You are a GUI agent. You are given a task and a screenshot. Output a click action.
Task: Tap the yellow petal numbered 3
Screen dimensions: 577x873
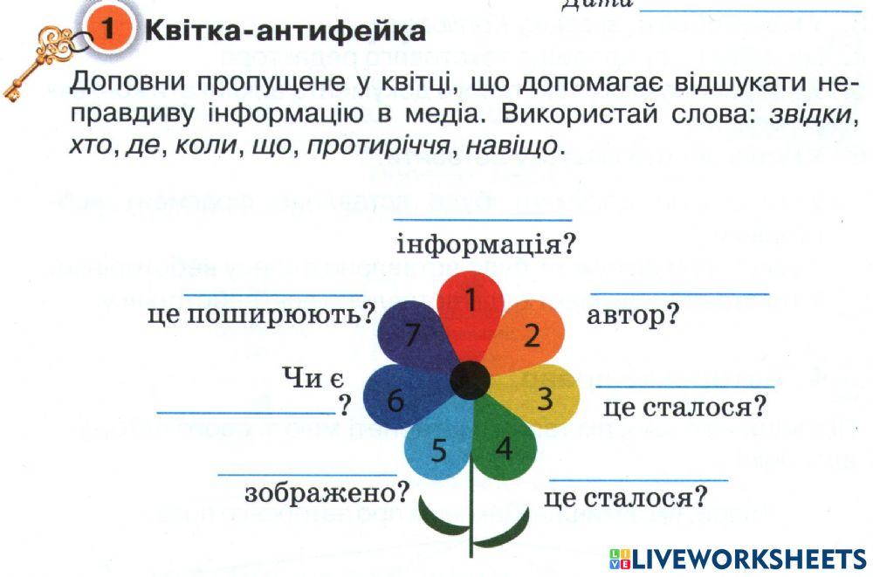click(543, 397)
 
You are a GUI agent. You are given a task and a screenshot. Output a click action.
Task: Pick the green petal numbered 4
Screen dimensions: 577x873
click(505, 450)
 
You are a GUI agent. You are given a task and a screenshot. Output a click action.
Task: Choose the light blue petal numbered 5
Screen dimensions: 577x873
click(439, 450)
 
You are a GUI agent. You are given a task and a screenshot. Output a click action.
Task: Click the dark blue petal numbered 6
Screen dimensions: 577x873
click(397, 400)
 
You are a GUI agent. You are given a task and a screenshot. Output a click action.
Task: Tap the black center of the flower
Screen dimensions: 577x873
click(470, 379)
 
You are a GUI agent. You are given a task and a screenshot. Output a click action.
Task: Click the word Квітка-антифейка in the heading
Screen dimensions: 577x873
click(285, 32)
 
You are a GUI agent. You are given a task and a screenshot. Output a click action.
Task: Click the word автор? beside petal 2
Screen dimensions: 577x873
click(633, 315)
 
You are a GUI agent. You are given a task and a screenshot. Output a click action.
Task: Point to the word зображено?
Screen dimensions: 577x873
click(327, 493)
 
